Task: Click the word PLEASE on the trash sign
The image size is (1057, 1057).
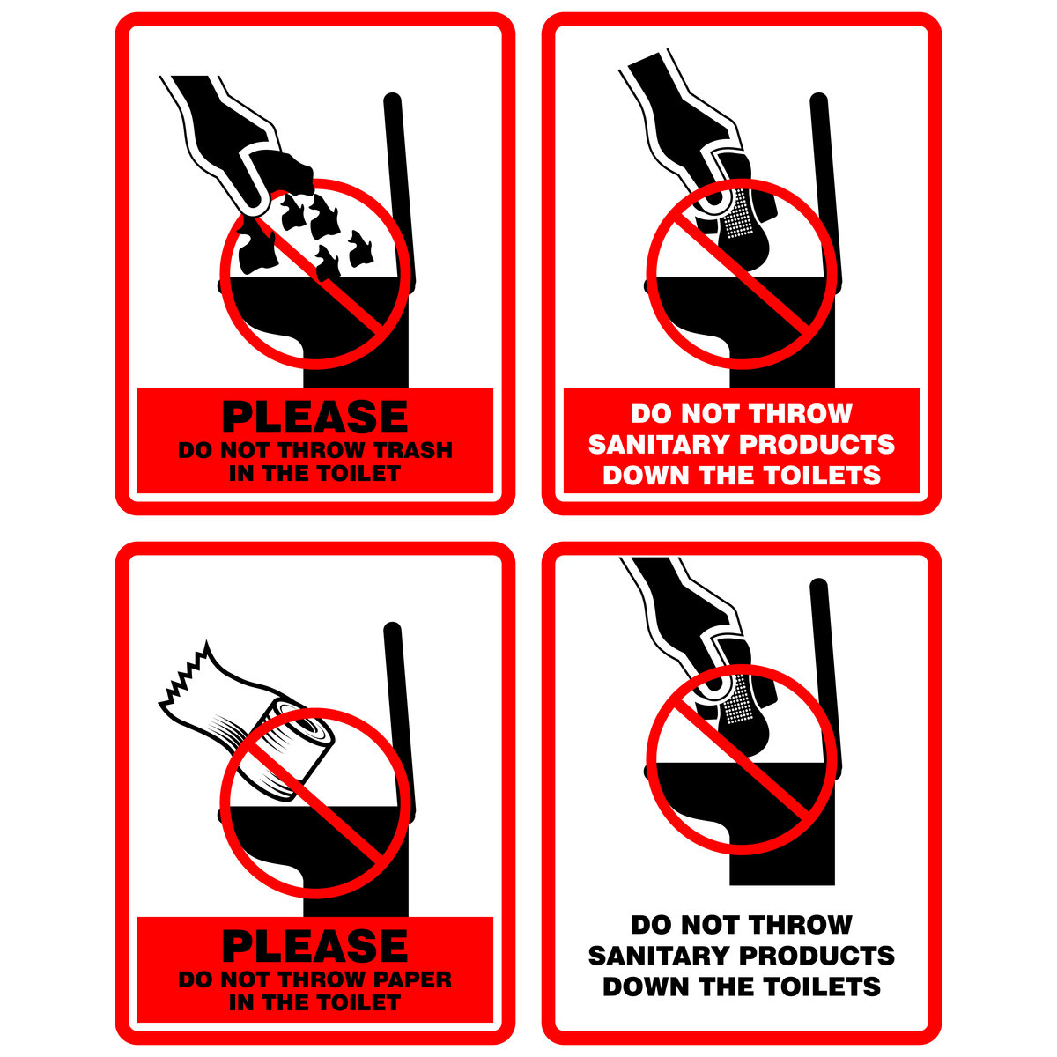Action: point(314,418)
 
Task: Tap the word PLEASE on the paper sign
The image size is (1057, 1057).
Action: point(314,946)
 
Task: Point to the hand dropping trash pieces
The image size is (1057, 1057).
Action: point(225,137)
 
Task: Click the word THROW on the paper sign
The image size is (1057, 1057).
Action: point(326,979)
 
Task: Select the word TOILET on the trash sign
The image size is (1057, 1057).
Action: point(358,473)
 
